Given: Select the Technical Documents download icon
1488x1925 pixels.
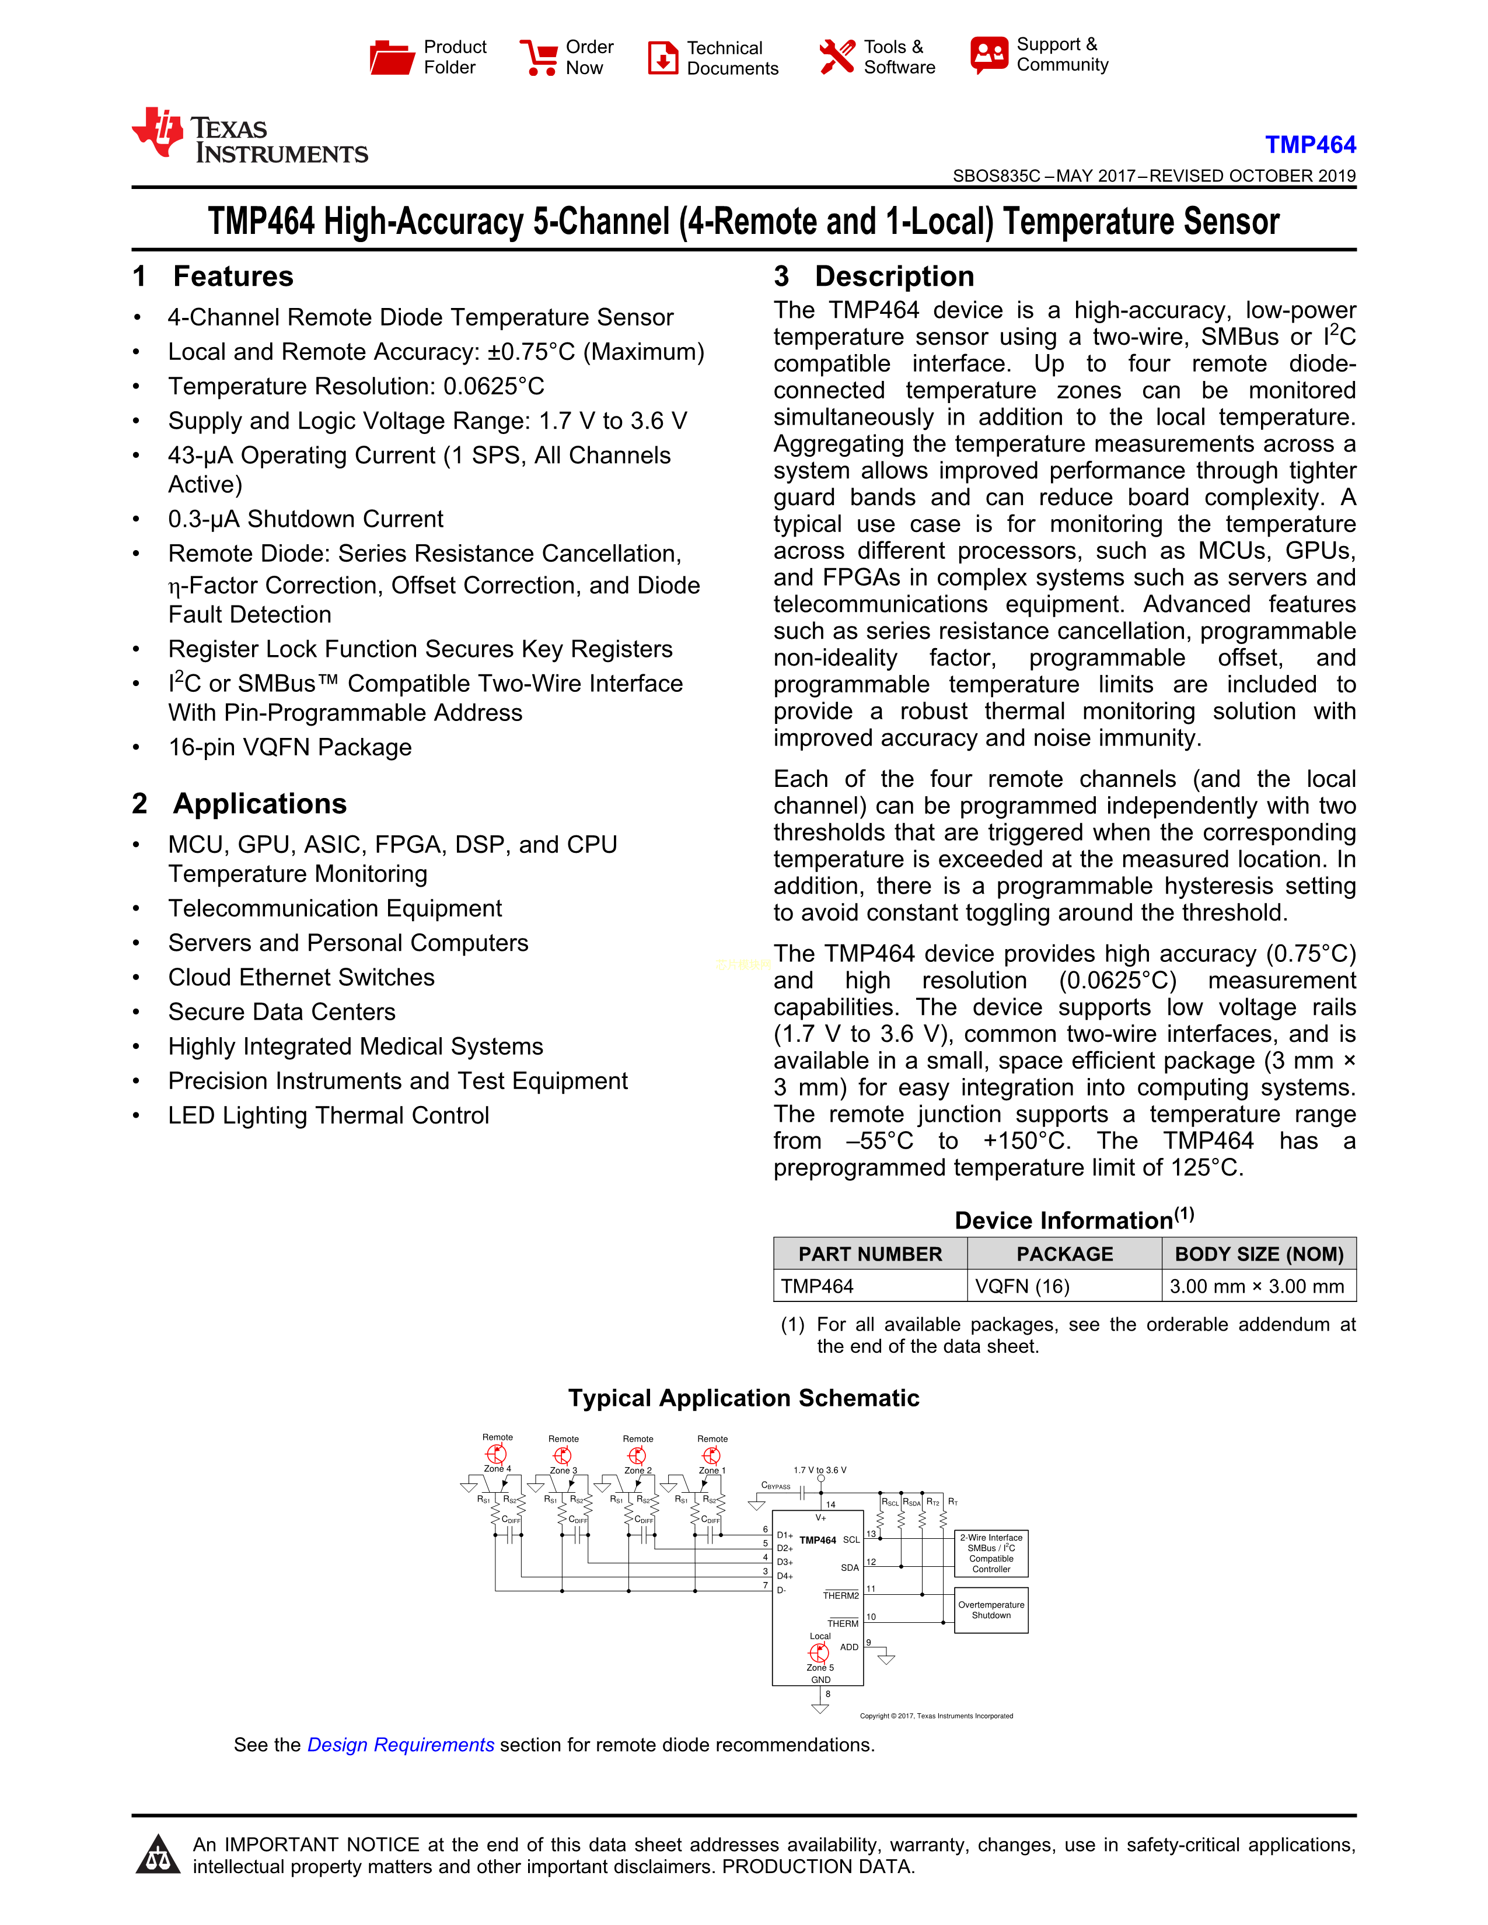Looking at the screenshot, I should pyautogui.click(x=663, y=58).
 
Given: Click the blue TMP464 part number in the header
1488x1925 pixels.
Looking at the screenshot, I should pyautogui.click(x=1310, y=145).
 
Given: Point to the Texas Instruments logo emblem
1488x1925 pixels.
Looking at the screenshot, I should pyautogui.click(x=159, y=132).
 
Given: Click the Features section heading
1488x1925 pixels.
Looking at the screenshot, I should pyautogui.click(x=233, y=276).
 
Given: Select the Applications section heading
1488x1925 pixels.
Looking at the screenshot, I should pyautogui.click(x=259, y=804).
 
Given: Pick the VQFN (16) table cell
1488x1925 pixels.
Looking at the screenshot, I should pyautogui.click(x=1022, y=1286).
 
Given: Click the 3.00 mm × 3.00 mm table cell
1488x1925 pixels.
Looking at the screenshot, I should pyautogui.click(x=1256, y=1286).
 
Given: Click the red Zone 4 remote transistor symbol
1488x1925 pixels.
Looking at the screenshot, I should pyautogui.click(x=497, y=1454).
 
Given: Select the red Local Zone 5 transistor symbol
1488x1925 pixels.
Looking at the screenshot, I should pyautogui.click(x=819, y=1652).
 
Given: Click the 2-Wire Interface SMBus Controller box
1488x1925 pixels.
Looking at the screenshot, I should pyautogui.click(x=991, y=1553).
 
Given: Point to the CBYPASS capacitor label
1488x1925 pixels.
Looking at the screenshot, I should pyautogui.click(x=776, y=1486).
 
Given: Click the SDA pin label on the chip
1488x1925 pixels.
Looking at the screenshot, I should pyautogui.click(x=849, y=1568).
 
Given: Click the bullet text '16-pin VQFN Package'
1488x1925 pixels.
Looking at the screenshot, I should pyautogui.click(x=290, y=747).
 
